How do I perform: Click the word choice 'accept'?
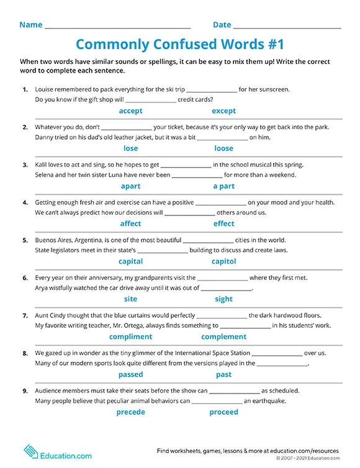pyautogui.click(x=130, y=111)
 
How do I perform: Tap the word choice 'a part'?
pyautogui.click(x=223, y=186)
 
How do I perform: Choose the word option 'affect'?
pyautogui.click(x=130, y=223)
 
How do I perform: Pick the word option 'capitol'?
pyautogui.click(x=223, y=261)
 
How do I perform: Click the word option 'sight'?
pyautogui.click(x=223, y=299)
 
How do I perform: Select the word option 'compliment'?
pyautogui.click(x=130, y=336)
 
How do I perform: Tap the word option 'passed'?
pyautogui.click(x=130, y=374)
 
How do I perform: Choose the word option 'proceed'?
pyautogui.click(x=223, y=412)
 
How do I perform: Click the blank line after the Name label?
pyautogui.click(x=118, y=27)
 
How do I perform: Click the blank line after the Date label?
pyautogui.click(x=287, y=27)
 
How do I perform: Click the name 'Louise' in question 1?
pyautogui.click(x=45, y=89)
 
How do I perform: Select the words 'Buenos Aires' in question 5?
pyautogui.click(x=55, y=240)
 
